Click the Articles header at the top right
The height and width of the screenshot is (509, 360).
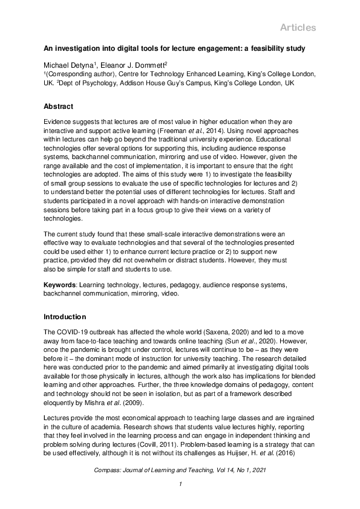[298, 28]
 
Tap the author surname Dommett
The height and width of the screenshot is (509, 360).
[149, 64]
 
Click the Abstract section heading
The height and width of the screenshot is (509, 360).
[59, 106]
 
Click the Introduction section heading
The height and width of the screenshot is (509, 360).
[65, 317]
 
